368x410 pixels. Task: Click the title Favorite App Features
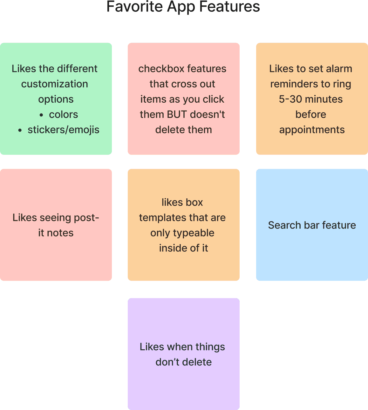pos(183,7)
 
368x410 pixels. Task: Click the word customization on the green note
pos(55,84)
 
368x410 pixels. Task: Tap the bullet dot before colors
pos(41,115)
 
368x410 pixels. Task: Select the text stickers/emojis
pos(64,130)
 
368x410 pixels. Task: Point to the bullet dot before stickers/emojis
pos(20,131)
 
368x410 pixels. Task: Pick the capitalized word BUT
pos(177,114)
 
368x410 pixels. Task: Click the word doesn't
pos(208,114)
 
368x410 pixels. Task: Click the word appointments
pos(312,130)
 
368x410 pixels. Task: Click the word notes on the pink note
pos(60,233)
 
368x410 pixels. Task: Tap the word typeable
pos(194,233)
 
